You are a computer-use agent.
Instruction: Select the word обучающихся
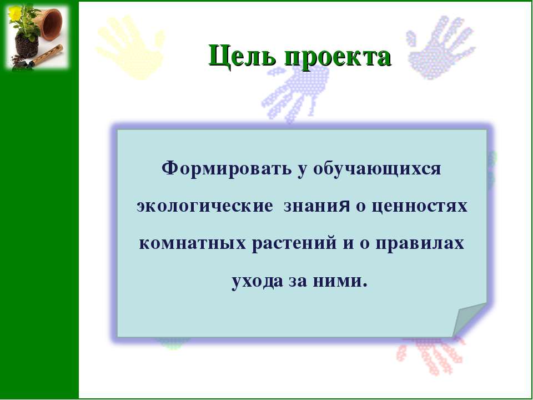[376, 169]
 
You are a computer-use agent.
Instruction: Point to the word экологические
[205, 206]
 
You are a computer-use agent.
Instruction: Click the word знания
[316, 207]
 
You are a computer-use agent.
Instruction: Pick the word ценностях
[420, 207]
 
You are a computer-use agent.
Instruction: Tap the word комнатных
[193, 243]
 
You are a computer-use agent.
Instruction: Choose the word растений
[294, 243]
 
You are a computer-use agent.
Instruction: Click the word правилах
[420, 244]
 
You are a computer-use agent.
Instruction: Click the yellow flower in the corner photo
[14, 13]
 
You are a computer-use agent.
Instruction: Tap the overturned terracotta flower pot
[51, 24]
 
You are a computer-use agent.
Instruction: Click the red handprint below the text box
[430, 356]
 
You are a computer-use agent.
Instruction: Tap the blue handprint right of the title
[440, 48]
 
